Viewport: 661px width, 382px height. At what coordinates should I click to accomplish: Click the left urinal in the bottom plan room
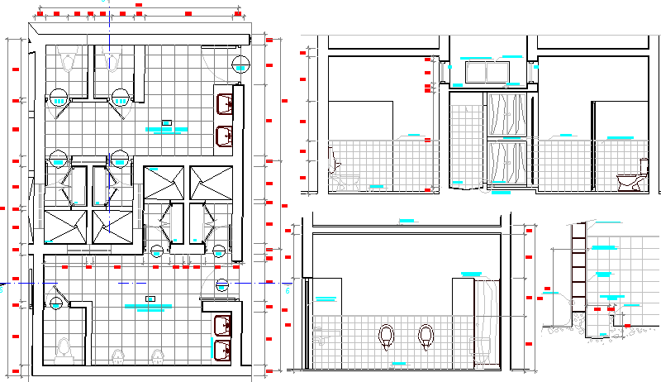[118, 356]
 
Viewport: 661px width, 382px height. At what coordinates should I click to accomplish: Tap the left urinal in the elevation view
[386, 336]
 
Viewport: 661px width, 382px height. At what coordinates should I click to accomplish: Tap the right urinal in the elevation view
[426, 336]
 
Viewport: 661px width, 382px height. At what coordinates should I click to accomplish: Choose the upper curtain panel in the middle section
[507, 113]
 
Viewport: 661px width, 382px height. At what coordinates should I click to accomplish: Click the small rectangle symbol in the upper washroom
[166, 122]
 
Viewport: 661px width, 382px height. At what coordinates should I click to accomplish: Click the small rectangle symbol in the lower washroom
[150, 298]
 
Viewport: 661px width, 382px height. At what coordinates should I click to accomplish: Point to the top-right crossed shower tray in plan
[204, 182]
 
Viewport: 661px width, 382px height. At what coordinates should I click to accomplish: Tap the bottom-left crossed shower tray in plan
[64, 227]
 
